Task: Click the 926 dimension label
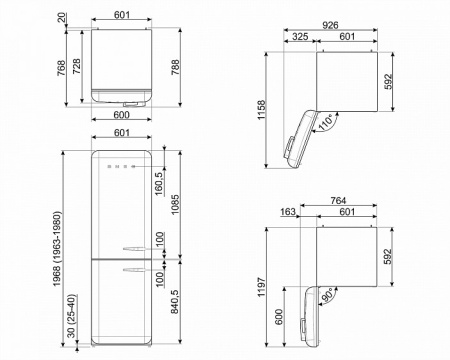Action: pos(330,25)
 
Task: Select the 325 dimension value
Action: pos(300,36)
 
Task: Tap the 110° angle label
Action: pos(326,122)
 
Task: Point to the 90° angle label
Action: pos(328,295)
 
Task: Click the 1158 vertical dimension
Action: pos(261,110)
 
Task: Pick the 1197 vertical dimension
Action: pos(261,287)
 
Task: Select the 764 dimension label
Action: pos(338,201)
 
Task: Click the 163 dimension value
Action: pos(287,212)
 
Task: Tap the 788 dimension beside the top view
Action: pos(175,67)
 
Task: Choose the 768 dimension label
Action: pos(61,68)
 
